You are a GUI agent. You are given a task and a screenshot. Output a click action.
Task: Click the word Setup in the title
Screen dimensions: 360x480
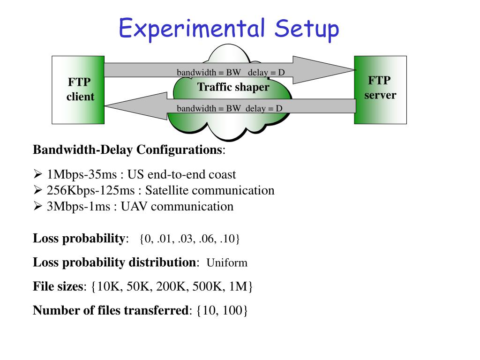pyautogui.click(x=307, y=30)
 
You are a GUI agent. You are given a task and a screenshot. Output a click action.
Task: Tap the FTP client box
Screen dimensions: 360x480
pyautogui.click(x=78, y=90)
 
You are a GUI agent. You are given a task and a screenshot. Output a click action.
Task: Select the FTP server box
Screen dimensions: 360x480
pyautogui.click(x=380, y=89)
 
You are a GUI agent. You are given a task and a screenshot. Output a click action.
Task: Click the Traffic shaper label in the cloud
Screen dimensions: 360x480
pyautogui.click(x=233, y=87)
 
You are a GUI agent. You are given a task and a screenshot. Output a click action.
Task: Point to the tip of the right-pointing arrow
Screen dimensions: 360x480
pyautogui.click(x=355, y=70)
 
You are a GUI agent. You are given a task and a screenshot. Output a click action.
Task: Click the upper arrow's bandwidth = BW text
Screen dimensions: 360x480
pyautogui.click(x=209, y=73)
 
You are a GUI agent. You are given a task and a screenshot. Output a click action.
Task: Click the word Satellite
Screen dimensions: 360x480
pyautogui.click(x=166, y=191)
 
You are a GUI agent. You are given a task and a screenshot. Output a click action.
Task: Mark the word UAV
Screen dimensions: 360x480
pyautogui.click(x=132, y=207)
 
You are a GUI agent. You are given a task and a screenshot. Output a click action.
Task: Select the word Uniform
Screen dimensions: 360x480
pyautogui.click(x=227, y=262)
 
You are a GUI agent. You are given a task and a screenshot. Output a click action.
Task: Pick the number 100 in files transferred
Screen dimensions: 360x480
pyautogui.click(x=233, y=310)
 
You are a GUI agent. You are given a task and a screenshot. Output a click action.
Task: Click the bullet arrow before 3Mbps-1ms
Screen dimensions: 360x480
pyautogui.click(x=38, y=207)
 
